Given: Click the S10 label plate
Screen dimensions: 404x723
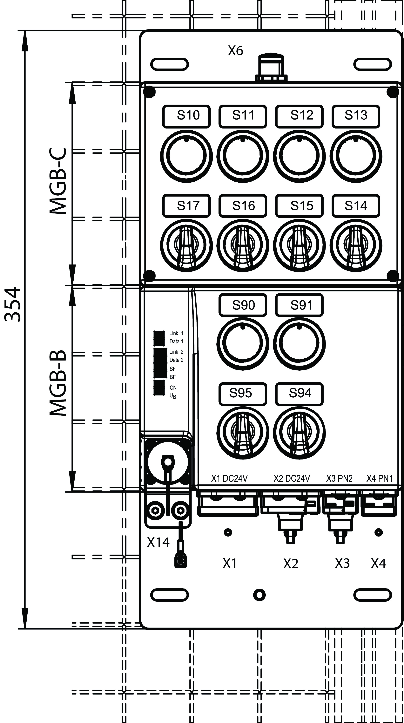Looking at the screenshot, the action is click(x=186, y=116).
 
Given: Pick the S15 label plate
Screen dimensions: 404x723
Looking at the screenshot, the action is click(x=300, y=206).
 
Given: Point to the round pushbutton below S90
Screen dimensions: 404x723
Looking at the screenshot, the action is click(x=243, y=343).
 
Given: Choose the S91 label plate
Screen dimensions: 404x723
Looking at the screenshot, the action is click(x=300, y=305).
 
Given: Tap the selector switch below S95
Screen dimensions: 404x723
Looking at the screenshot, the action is click(x=243, y=433).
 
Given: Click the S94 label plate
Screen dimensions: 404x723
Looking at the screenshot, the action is click(x=300, y=394).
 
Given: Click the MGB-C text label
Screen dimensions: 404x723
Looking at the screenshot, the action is click(x=58, y=181).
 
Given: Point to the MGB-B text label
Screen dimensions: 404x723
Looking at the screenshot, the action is click(x=58, y=383).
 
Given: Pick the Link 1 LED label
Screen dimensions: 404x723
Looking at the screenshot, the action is click(x=176, y=333).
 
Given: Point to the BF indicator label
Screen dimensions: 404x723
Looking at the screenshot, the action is click(x=172, y=377).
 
